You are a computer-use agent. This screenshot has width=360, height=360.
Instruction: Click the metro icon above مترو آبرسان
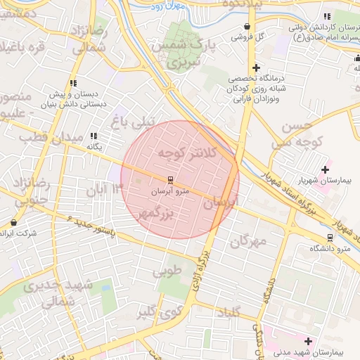[169, 181]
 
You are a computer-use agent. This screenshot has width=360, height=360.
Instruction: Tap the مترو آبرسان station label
[169, 191]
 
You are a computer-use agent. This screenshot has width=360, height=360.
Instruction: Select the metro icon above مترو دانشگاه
[330, 238]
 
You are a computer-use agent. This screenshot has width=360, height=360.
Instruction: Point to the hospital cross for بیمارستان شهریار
[325, 169]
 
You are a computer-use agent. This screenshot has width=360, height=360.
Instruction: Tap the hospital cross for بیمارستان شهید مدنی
[308, 341]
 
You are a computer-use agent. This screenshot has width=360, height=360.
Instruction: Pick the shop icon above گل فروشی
[247, 27]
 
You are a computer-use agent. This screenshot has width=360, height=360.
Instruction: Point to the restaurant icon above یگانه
[94, 136]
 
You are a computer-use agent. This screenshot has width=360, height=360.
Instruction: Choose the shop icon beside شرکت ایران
[13, 222]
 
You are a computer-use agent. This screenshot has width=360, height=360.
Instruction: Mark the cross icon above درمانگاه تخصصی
[256, 67]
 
